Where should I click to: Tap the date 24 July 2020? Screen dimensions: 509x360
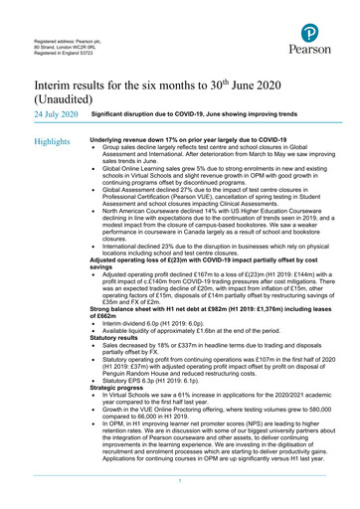point(55,115)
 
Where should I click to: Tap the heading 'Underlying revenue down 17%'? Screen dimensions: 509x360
point(174,141)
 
